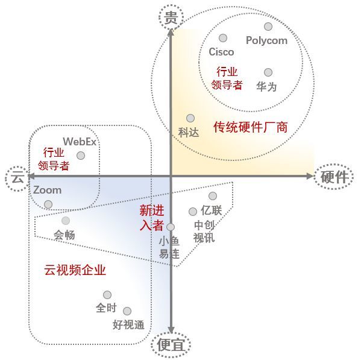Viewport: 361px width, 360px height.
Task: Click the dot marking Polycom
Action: click(268, 27)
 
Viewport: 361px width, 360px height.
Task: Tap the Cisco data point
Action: click(223, 38)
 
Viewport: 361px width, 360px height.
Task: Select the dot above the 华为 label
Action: click(268, 72)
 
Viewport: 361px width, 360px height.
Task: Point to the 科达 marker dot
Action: click(190, 118)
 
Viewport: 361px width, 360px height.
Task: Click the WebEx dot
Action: click(81, 156)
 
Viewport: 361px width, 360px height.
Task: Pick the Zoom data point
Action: click(48, 204)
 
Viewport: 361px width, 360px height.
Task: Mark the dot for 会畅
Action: click(66, 221)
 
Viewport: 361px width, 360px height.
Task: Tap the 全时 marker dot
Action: click(107, 295)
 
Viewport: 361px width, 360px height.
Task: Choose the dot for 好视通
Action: click(127, 311)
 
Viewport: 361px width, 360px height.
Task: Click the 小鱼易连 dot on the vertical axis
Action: click(171, 227)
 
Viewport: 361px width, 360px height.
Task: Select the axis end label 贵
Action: click(171, 17)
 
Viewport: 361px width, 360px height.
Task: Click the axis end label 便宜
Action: click(171, 345)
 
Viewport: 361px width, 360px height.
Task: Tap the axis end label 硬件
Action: click(334, 177)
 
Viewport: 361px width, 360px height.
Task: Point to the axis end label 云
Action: click(17, 177)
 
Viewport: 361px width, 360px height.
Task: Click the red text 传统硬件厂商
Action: click(251, 127)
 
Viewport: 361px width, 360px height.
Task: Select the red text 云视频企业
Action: click(75, 270)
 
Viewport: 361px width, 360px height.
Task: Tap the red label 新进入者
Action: click(152, 218)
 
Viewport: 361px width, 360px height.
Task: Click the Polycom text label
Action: click(266, 41)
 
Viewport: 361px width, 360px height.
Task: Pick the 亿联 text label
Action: click(212, 210)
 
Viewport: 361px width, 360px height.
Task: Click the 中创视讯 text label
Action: click(204, 232)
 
